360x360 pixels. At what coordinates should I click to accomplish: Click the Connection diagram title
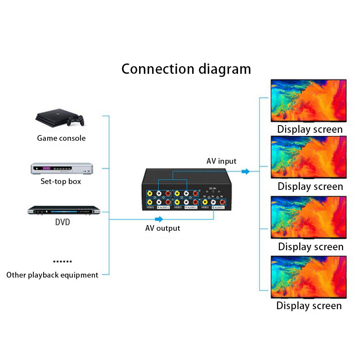pos(186,69)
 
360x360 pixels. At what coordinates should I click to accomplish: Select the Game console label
pos(61,138)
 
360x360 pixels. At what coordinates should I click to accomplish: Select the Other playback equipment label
pos(52,275)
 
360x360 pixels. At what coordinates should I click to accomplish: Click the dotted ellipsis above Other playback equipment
pos(62,261)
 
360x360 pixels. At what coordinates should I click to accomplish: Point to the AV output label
pos(162,228)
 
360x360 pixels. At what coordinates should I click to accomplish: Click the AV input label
pos(221,161)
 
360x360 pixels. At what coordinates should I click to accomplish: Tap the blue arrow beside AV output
pos(157,219)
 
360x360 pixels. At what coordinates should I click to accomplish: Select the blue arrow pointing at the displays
pos(245,171)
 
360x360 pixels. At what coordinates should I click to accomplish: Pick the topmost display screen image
pos(309,101)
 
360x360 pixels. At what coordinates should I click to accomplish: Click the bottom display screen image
pos(309,277)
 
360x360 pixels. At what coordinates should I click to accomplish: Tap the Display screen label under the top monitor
pos(310,130)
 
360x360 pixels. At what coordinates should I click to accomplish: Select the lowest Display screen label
pos(309,306)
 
